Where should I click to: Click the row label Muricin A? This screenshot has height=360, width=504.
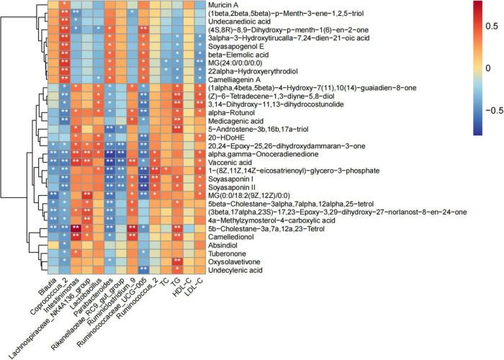click(x=229, y=5)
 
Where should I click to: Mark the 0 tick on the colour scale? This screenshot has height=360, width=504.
click(x=487, y=68)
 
